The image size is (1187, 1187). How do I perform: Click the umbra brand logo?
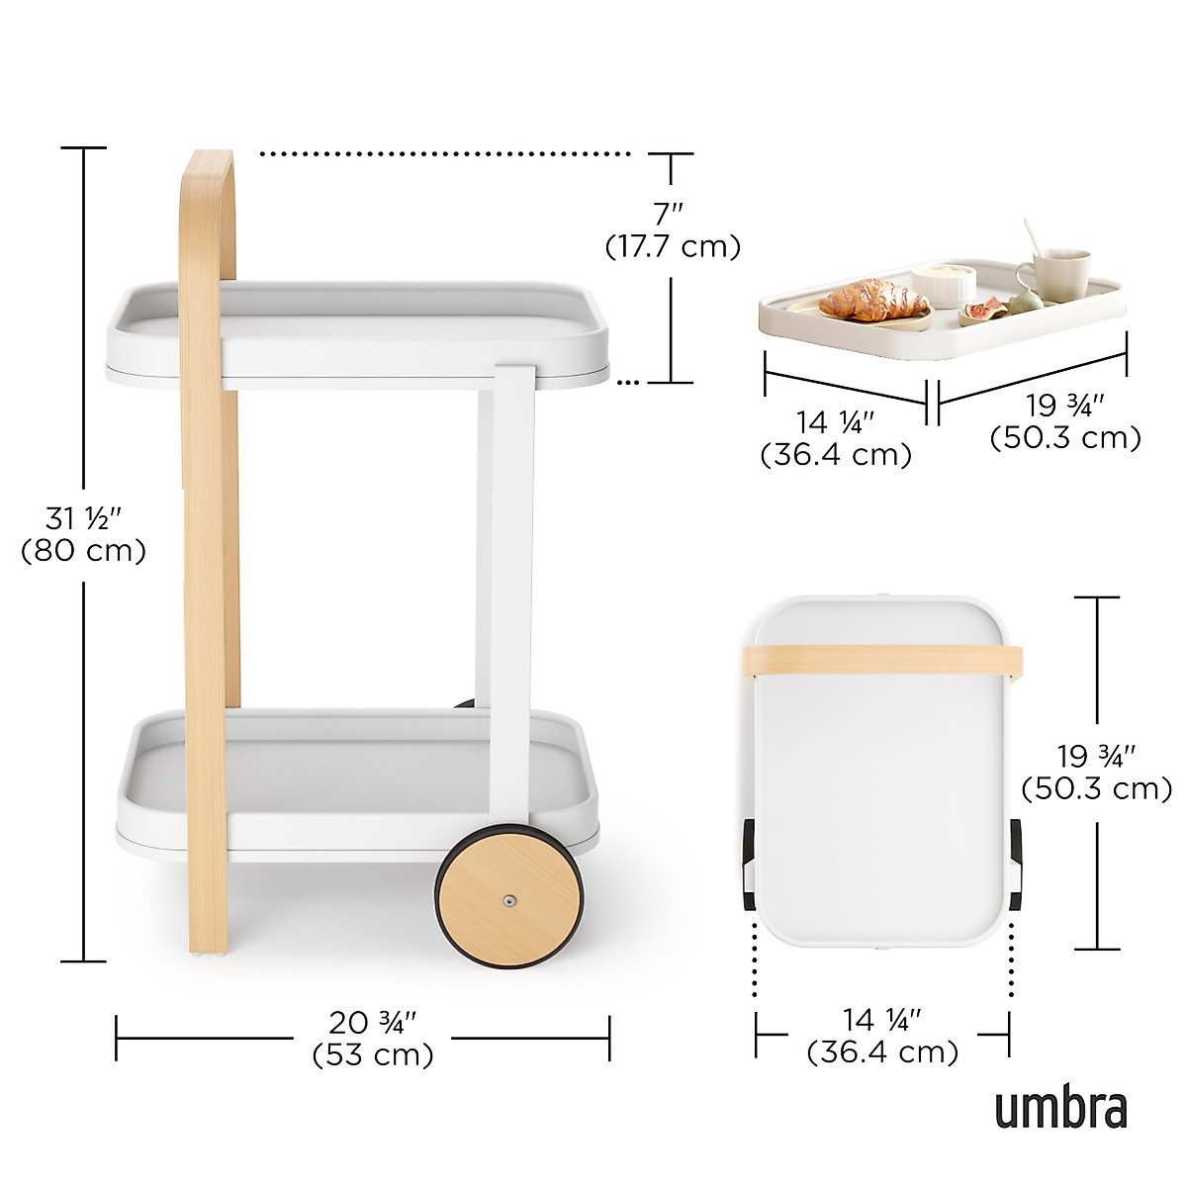[x=1060, y=1109]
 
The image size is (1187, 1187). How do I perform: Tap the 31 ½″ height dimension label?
[x=83, y=518]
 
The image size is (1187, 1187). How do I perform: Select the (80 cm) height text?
[x=84, y=551]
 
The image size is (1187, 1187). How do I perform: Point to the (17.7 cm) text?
[x=673, y=246]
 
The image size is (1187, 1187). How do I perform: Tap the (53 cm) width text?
[x=373, y=1055]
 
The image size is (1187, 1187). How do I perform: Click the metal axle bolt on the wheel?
[x=509, y=900]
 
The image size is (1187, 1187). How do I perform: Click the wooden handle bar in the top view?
[x=882, y=660]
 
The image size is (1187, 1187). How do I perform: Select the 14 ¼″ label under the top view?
[x=882, y=1019]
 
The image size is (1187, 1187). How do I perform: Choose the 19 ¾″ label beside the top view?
[x=1096, y=757]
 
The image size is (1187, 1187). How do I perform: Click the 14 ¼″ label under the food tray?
[x=836, y=422]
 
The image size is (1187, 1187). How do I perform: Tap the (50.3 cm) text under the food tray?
[x=1065, y=437]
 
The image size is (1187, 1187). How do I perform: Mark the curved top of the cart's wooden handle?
[x=210, y=168]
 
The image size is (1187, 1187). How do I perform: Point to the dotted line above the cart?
[x=445, y=154]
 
